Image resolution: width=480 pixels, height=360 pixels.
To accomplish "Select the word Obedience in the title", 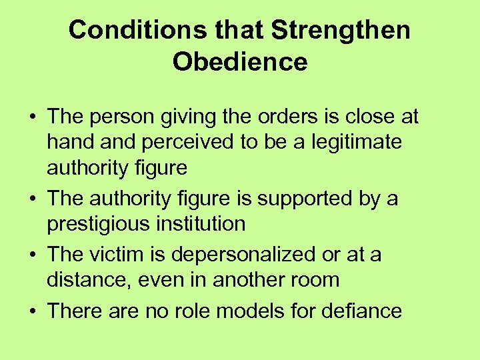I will [240, 61].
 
